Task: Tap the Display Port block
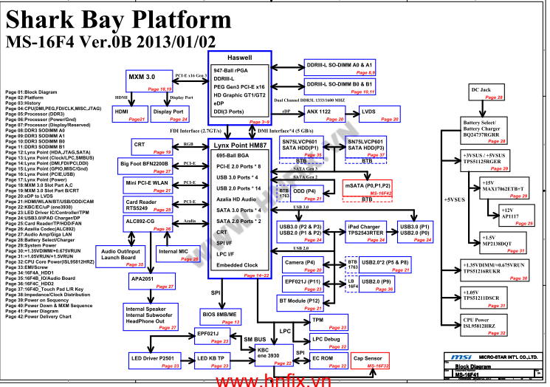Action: pos(170,114)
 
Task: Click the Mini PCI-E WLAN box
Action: pos(148,185)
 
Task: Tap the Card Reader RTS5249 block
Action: pos(148,205)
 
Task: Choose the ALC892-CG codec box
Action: pos(148,224)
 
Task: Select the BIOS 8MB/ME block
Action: pos(221,317)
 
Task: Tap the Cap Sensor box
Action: pos(372,361)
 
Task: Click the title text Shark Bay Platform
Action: pos(119,18)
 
